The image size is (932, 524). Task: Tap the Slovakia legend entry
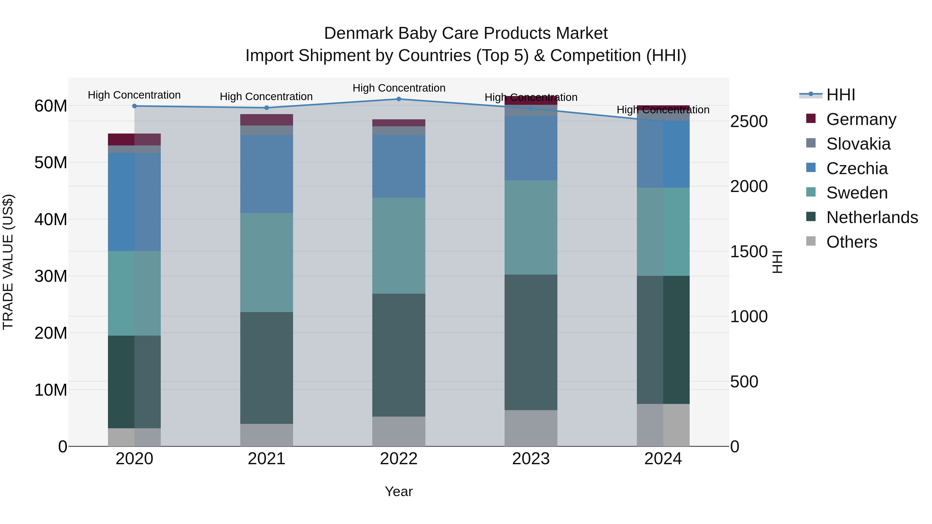point(858,144)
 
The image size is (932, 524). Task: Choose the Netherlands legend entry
point(872,217)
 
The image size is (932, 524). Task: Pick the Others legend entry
point(852,242)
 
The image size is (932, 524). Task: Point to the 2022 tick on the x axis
point(399,459)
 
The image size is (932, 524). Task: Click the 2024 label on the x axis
point(663,459)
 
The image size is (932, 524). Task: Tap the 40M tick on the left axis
point(51,219)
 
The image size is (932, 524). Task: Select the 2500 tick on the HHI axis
point(748,122)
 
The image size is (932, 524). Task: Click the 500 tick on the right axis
point(744,382)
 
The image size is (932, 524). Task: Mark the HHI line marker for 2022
point(399,99)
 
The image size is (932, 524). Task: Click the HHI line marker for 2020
point(134,106)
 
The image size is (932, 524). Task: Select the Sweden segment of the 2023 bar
point(531,227)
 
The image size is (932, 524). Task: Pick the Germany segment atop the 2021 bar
point(267,120)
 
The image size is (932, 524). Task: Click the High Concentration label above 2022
point(399,88)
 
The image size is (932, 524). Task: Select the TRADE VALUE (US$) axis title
point(8,262)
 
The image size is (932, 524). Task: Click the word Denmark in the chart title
point(358,33)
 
